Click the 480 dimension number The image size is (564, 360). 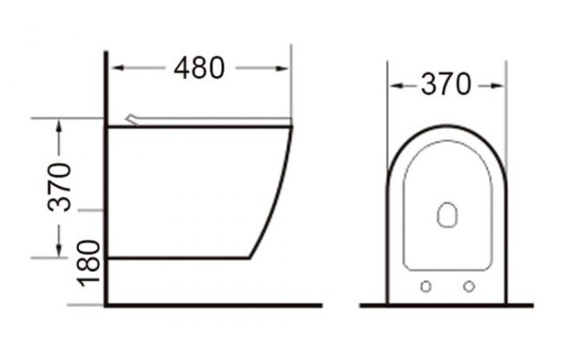point(199,69)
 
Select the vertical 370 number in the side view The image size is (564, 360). point(61,188)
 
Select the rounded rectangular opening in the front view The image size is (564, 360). point(446,216)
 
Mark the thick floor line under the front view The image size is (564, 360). point(446,305)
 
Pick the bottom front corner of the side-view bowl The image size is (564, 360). point(249,257)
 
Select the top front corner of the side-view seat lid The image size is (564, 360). point(292,126)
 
